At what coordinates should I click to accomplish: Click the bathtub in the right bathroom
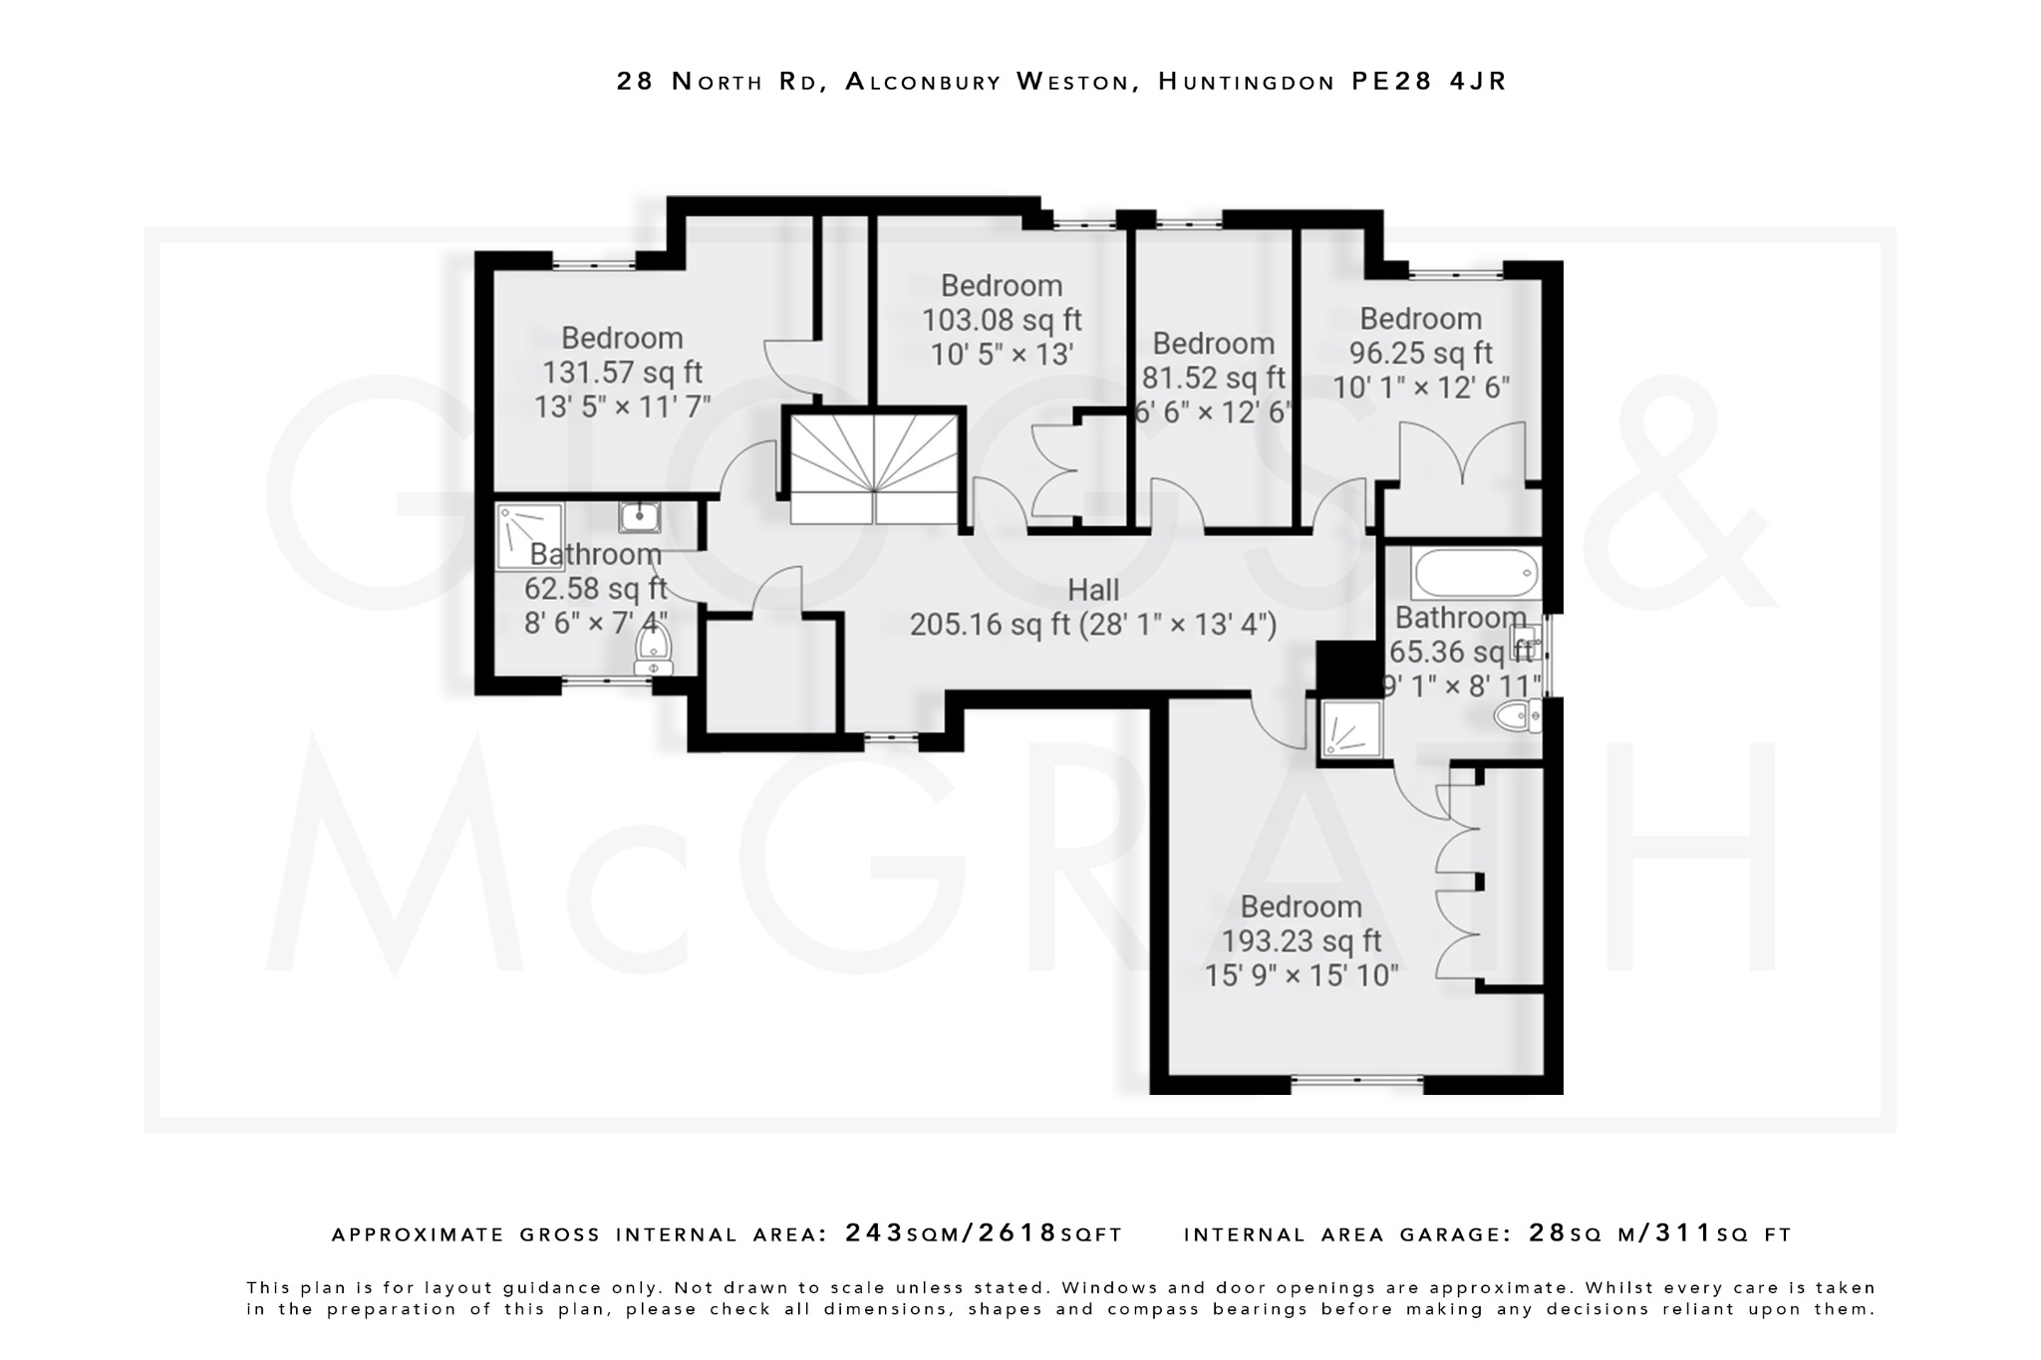(x=1475, y=575)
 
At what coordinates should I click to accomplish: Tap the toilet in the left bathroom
(x=654, y=653)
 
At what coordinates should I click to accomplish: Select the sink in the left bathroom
(x=639, y=516)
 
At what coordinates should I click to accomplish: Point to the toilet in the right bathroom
(x=1518, y=715)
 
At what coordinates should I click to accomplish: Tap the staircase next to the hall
(x=874, y=471)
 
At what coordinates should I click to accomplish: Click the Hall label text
(x=1093, y=591)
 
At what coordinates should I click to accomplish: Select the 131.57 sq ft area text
(x=622, y=373)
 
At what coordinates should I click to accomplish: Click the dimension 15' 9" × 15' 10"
(x=1301, y=975)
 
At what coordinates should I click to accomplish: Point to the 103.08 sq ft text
(x=1002, y=321)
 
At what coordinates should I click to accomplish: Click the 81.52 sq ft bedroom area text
(x=1213, y=379)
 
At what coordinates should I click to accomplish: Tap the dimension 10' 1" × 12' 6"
(x=1421, y=388)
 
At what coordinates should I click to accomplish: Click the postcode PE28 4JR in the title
(x=1429, y=82)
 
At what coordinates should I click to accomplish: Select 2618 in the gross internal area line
(x=1018, y=1233)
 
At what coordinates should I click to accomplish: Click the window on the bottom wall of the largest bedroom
(x=1357, y=1079)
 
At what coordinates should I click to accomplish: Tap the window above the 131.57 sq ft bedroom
(x=594, y=264)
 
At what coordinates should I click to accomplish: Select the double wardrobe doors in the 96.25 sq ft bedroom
(x=1462, y=453)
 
